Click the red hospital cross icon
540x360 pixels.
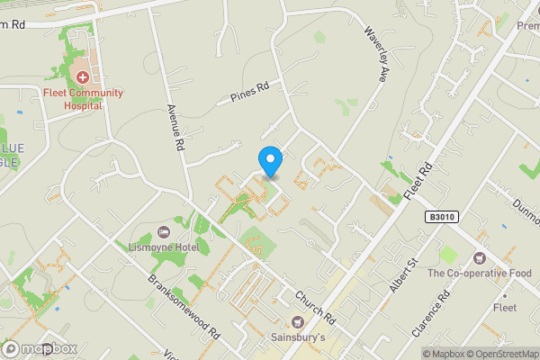point(82,78)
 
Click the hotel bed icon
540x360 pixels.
point(163,232)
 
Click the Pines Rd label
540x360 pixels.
point(250,94)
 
